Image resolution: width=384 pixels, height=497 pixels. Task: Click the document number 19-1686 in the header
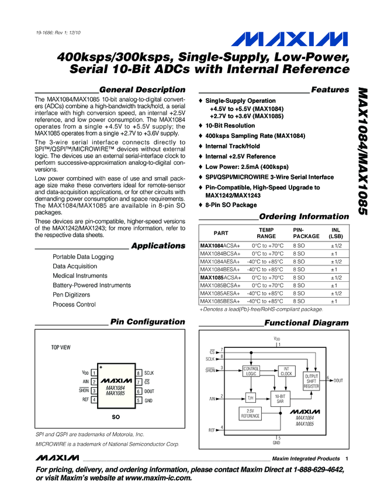(48, 32)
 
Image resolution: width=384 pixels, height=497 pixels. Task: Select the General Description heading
(143, 90)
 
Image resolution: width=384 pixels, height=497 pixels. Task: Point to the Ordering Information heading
(304, 216)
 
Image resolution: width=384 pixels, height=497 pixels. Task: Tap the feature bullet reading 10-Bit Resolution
(230, 126)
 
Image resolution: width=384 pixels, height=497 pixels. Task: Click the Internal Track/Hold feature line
(232, 146)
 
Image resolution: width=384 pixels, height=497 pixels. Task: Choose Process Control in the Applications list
(74, 305)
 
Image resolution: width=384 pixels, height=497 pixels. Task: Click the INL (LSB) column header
(335, 233)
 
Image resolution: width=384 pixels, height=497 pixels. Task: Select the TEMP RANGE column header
(266, 233)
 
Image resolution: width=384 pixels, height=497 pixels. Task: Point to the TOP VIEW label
(61, 347)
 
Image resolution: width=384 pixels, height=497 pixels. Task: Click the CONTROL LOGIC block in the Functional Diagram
(251, 371)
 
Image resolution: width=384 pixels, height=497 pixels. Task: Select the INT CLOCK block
(286, 371)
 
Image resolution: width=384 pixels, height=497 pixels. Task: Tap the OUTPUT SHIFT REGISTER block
(312, 381)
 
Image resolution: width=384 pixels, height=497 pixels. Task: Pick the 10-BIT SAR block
(280, 398)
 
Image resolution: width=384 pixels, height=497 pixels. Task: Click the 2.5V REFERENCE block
(251, 413)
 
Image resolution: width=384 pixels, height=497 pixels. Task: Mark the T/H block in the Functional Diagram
(250, 398)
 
